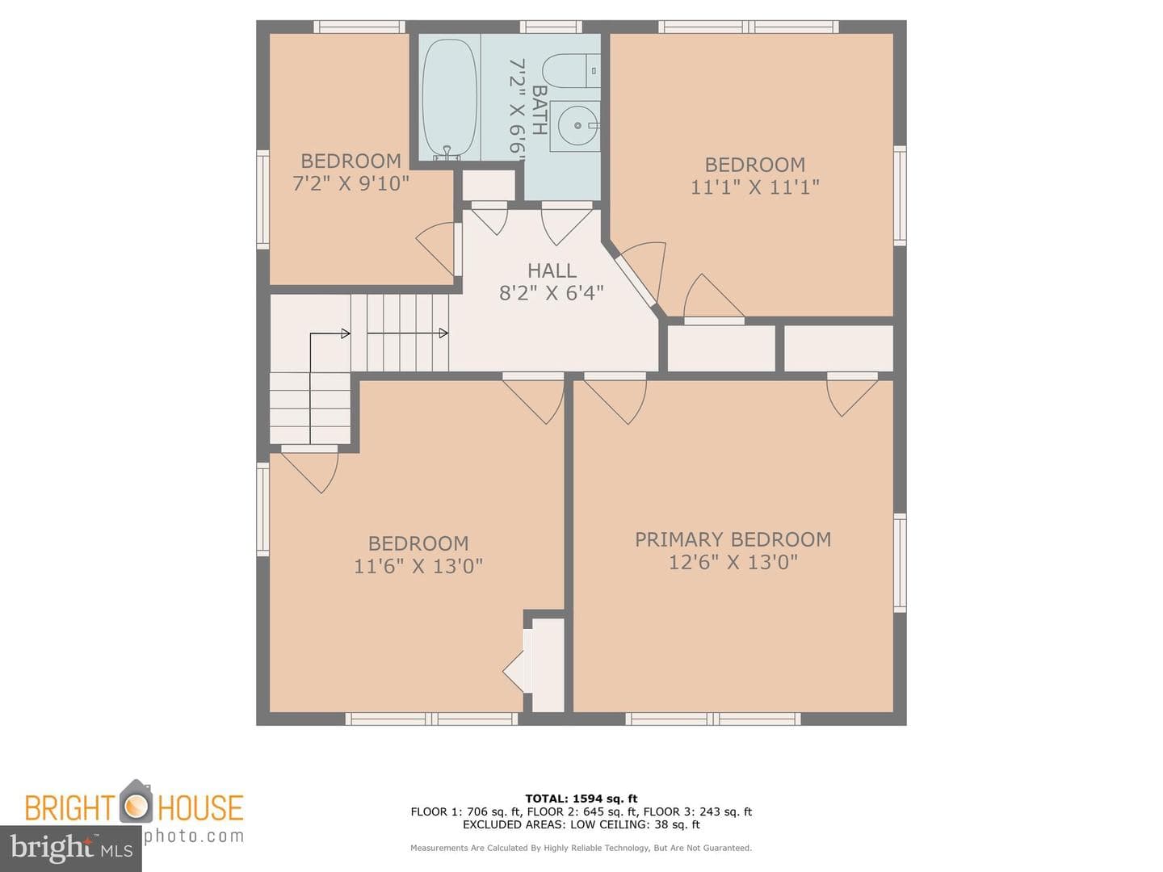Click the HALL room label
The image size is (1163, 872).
pyautogui.click(x=552, y=270)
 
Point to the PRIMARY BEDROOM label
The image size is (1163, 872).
pyautogui.click(x=733, y=539)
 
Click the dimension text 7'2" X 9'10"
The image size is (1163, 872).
pyautogui.click(x=351, y=183)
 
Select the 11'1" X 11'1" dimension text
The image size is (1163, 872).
pyautogui.click(x=754, y=187)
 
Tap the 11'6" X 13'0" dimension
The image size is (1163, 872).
pyautogui.click(x=418, y=566)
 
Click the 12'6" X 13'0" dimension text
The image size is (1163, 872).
pyautogui.click(x=733, y=562)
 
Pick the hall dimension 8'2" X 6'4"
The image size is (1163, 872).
pyautogui.click(x=552, y=293)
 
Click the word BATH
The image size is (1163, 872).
pyautogui.click(x=539, y=110)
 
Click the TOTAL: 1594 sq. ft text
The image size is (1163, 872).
pyautogui.click(x=581, y=799)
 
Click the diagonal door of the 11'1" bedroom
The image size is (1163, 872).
pyautogui.click(x=636, y=281)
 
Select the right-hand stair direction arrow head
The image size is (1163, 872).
pyautogui.click(x=443, y=333)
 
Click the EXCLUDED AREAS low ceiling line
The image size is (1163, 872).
pyautogui.click(x=581, y=824)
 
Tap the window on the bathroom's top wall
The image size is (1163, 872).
pyautogui.click(x=551, y=27)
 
